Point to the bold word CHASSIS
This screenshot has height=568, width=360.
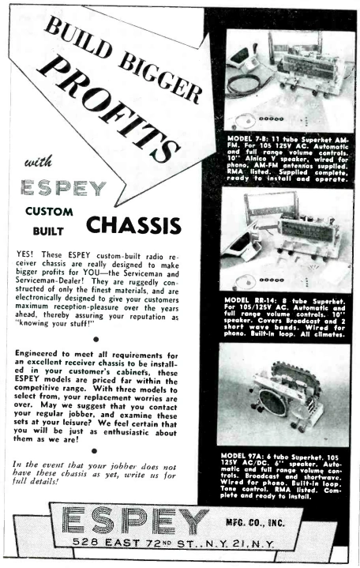(x=134, y=227)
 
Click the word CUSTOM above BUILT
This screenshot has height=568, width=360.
(x=49, y=212)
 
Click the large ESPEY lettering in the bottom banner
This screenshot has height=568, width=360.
(x=134, y=522)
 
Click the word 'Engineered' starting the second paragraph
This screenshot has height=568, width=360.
(x=47, y=345)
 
